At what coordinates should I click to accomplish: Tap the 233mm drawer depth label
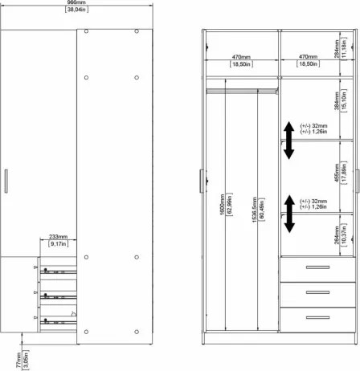(57, 237)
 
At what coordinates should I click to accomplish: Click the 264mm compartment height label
(337, 234)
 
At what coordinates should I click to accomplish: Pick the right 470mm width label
(309, 57)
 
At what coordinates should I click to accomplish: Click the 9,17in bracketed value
(57, 245)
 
